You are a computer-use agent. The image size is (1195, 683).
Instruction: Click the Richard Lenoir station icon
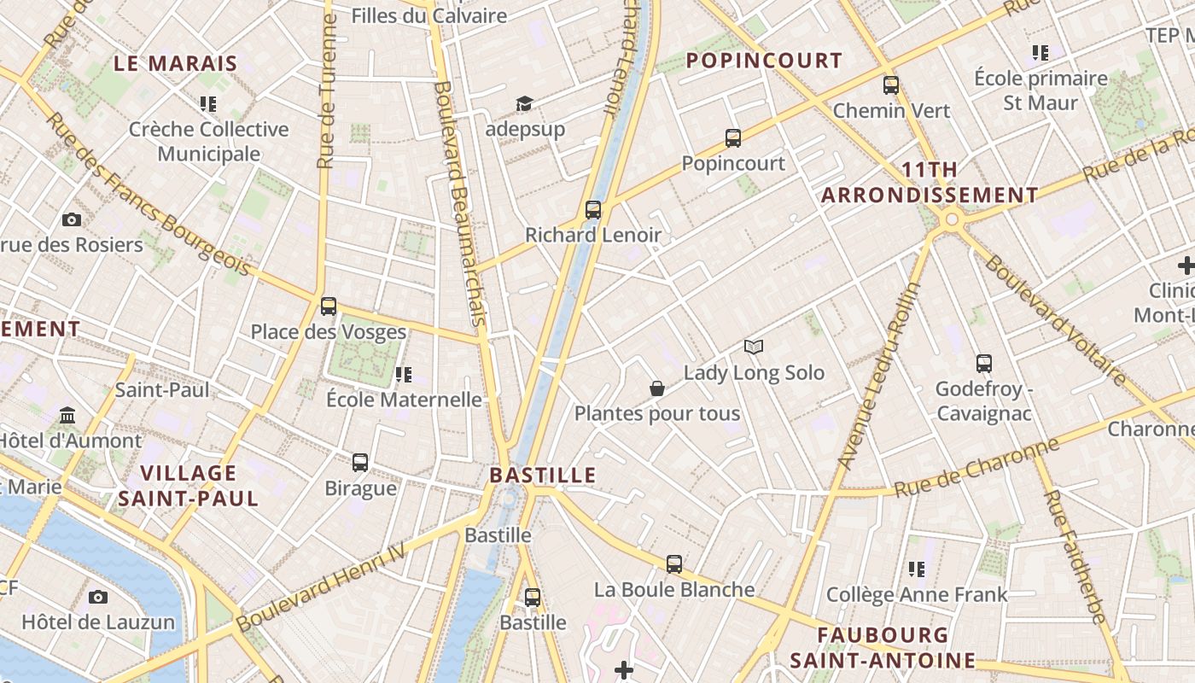click(592, 209)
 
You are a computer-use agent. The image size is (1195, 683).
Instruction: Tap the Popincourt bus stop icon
click(732, 137)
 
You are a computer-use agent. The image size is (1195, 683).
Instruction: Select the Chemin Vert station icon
click(891, 85)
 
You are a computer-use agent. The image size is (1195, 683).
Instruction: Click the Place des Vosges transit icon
click(329, 306)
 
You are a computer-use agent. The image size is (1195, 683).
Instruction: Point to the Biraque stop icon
click(360, 463)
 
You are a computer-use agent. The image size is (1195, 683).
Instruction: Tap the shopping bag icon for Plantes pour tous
click(657, 388)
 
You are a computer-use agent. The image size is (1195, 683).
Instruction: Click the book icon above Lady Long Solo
click(753, 347)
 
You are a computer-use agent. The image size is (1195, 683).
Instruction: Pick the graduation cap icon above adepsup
click(524, 104)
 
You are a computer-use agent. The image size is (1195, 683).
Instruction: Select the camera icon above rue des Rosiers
click(72, 219)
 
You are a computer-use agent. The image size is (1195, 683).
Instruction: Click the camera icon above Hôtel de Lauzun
click(98, 596)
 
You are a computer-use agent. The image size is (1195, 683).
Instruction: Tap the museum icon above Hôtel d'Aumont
click(67, 416)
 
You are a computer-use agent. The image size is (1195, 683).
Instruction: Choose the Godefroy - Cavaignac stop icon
click(983, 364)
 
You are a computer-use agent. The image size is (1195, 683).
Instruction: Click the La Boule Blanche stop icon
click(674, 563)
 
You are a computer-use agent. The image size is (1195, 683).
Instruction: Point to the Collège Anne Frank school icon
click(917, 569)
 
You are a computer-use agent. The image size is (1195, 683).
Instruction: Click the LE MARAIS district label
click(175, 63)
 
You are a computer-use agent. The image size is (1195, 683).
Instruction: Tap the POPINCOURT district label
click(764, 61)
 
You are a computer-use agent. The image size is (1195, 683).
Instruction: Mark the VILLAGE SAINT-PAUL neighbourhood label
click(188, 486)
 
